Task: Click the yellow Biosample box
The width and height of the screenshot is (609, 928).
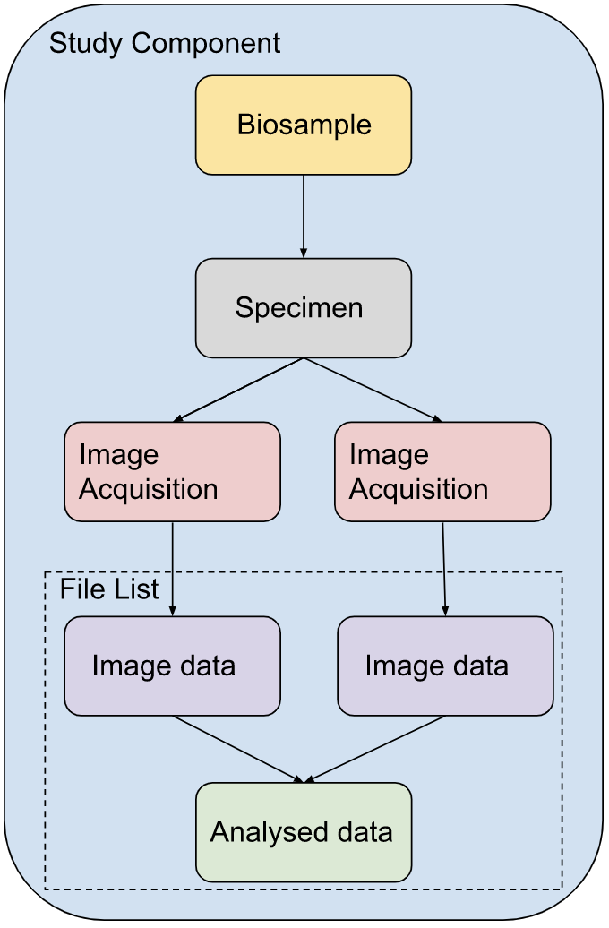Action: (x=304, y=125)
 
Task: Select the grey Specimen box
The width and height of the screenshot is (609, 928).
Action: (x=304, y=308)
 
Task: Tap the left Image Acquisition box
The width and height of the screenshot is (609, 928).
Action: (x=172, y=472)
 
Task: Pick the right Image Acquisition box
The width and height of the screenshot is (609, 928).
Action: (x=442, y=472)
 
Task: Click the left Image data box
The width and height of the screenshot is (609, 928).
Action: (x=172, y=666)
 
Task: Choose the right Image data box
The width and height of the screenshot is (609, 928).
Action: (x=445, y=666)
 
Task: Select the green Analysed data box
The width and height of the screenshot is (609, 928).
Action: (x=304, y=832)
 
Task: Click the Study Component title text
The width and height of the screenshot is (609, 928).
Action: (x=165, y=43)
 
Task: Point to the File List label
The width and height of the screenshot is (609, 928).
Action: (x=109, y=589)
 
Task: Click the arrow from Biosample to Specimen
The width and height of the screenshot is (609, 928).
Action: (x=304, y=215)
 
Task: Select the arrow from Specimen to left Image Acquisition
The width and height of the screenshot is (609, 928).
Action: (x=239, y=390)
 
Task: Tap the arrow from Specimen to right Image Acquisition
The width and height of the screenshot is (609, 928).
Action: (x=373, y=390)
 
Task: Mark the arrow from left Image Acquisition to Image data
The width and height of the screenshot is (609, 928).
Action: (x=172, y=568)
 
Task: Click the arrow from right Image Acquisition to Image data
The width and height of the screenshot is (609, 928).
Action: (x=444, y=568)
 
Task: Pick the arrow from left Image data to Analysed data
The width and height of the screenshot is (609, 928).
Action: (x=238, y=749)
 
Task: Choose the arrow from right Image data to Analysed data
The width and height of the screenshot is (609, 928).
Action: (x=376, y=749)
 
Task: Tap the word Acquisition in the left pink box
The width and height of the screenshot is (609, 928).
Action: (x=149, y=490)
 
